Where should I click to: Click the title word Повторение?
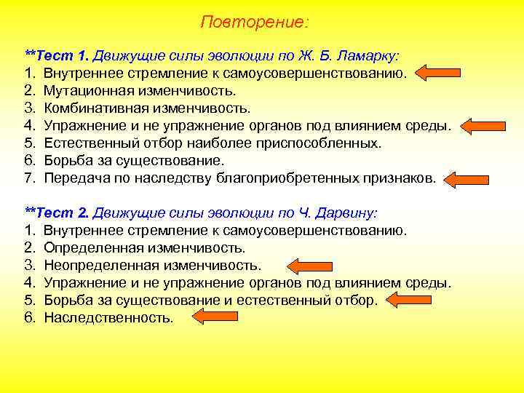click(254, 23)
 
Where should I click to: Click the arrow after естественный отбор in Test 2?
click(410, 300)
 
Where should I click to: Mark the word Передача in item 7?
click(74, 178)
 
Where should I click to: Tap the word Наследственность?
click(108, 318)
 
